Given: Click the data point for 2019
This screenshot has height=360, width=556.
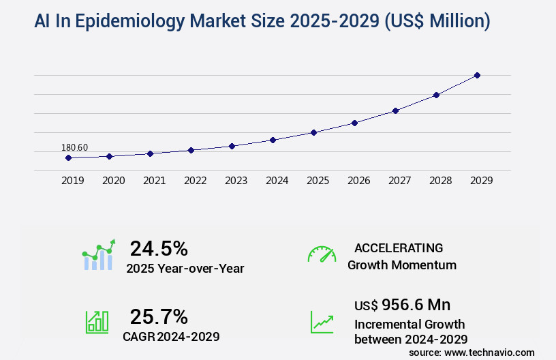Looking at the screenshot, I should (x=68, y=157).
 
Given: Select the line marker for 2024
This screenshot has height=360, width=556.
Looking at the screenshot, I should (x=273, y=140).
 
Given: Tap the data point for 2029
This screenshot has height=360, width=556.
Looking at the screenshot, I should (x=477, y=75).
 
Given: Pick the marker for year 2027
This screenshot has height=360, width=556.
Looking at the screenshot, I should (x=395, y=110).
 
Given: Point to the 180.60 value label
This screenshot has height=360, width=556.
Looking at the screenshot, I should (x=75, y=147).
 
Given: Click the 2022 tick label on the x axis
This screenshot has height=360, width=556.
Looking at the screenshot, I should (x=195, y=181).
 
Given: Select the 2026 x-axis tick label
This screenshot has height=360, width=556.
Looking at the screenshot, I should (x=358, y=181).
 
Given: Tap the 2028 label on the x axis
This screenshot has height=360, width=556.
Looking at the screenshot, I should (x=440, y=181).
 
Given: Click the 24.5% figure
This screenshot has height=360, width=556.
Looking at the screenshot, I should (x=159, y=248).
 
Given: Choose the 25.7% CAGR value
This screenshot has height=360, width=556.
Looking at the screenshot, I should (x=159, y=316).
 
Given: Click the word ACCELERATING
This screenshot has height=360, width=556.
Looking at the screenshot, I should (x=399, y=247).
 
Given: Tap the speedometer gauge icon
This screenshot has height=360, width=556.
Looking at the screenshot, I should (x=322, y=254).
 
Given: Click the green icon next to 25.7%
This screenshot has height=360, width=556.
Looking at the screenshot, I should (x=97, y=322).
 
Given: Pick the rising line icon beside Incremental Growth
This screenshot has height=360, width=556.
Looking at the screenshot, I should (x=322, y=322).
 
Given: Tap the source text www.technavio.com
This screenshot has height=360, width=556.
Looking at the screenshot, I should (x=491, y=352).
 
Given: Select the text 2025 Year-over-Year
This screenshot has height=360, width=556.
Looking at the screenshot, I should (x=185, y=269).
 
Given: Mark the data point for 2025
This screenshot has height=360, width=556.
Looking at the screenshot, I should (x=313, y=132).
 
